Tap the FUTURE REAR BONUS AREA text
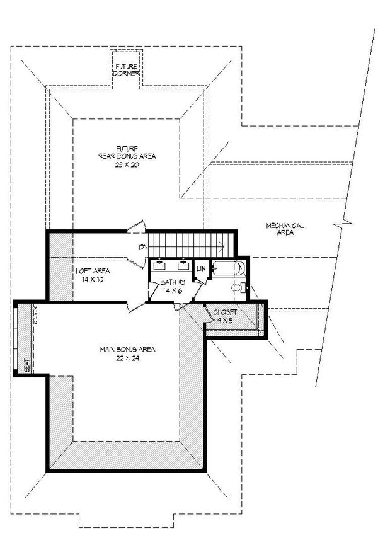pyautogui.click(x=127, y=152)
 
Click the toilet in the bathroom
pyautogui.click(x=239, y=288)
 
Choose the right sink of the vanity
pyautogui.click(x=183, y=265)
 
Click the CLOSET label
pyautogui.click(x=225, y=312)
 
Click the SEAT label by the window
pyautogui.click(x=26, y=365)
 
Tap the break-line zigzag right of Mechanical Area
pyautogui.click(x=344, y=223)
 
